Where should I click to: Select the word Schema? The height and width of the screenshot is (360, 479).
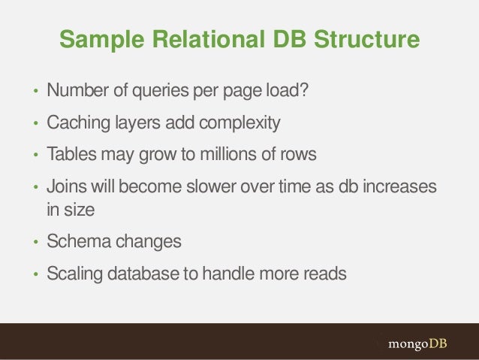tap(78, 243)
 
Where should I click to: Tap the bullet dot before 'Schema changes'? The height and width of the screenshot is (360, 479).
tap(35, 244)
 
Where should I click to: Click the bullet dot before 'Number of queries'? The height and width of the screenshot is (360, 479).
tap(35, 93)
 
